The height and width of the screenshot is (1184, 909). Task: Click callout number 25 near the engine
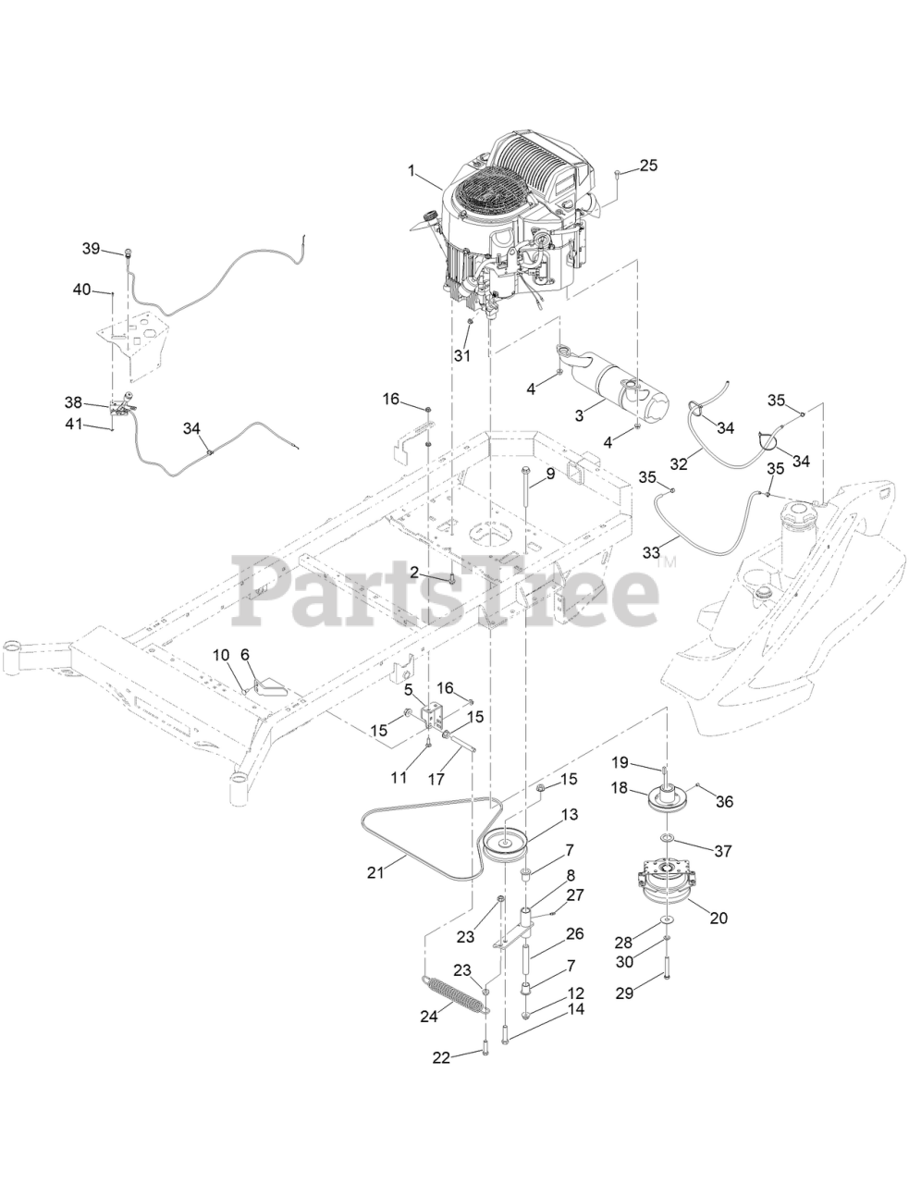tap(648, 166)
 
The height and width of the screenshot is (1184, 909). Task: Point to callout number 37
tap(725, 848)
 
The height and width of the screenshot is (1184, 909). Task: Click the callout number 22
tap(442, 1056)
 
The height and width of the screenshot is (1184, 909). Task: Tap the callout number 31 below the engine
tap(462, 354)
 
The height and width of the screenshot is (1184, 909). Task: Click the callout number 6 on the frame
tap(245, 654)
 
